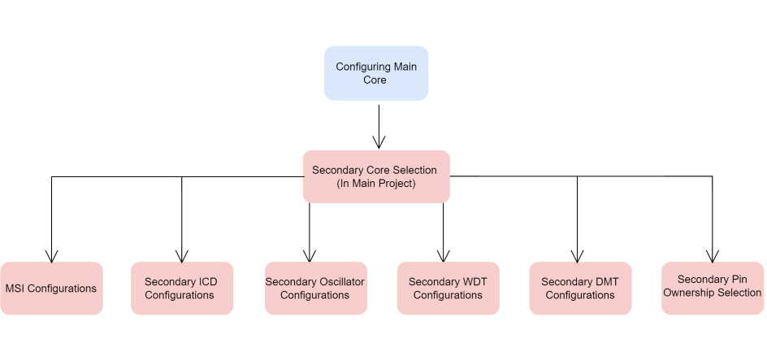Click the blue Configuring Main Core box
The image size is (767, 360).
[x=376, y=73]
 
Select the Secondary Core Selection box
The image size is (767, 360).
[x=376, y=176]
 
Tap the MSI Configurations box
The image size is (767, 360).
[x=51, y=288]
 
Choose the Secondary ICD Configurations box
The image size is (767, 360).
[x=182, y=288]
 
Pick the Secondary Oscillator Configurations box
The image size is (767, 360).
[x=316, y=288]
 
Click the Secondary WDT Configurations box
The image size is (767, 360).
[x=448, y=288]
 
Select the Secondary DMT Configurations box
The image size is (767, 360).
[x=580, y=288]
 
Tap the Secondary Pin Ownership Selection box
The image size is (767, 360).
[x=713, y=288]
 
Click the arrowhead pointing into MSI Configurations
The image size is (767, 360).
[x=51, y=256]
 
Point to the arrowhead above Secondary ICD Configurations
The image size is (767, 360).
[x=182, y=256]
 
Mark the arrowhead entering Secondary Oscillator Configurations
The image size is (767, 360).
[x=309, y=256]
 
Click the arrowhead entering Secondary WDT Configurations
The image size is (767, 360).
[x=443, y=256]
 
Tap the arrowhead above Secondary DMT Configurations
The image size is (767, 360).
[x=577, y=256]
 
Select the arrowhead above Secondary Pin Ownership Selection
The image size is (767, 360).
[x=713, y=256]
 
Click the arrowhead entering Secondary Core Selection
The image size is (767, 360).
[x=379, y=142]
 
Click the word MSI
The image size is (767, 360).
[x=15, y=288]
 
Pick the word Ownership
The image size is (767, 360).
[x=689, y=293]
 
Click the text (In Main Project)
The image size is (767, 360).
[x=375, y=184]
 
